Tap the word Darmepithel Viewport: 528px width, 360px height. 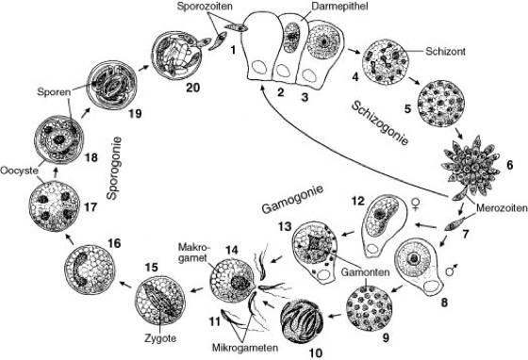[x=339, y=7]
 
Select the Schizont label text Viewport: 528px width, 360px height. [x=445, y=52]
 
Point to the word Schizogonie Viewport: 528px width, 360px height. [x=380, y=123]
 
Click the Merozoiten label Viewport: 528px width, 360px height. [x=502, y=208]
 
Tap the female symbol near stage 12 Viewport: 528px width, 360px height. [x=417, y=205]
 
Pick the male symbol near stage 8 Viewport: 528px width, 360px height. [x=452, y=269]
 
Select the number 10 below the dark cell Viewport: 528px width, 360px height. [x=316, y=353]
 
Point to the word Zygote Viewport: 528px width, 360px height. [x=160, y=337]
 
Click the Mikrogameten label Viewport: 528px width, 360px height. [x=245, y=347]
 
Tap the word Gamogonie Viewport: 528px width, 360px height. [x=292, y=200]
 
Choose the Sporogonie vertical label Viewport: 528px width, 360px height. [x=113, y=168]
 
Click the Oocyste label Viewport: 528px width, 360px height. [x=19, y=171]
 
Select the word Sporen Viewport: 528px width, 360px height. [x=54, y=91]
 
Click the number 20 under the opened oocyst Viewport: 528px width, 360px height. [x=193, y=88]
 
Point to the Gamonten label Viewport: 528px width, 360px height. [x=365, y=271]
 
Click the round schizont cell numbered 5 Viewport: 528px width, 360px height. [x=441, y=104]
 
